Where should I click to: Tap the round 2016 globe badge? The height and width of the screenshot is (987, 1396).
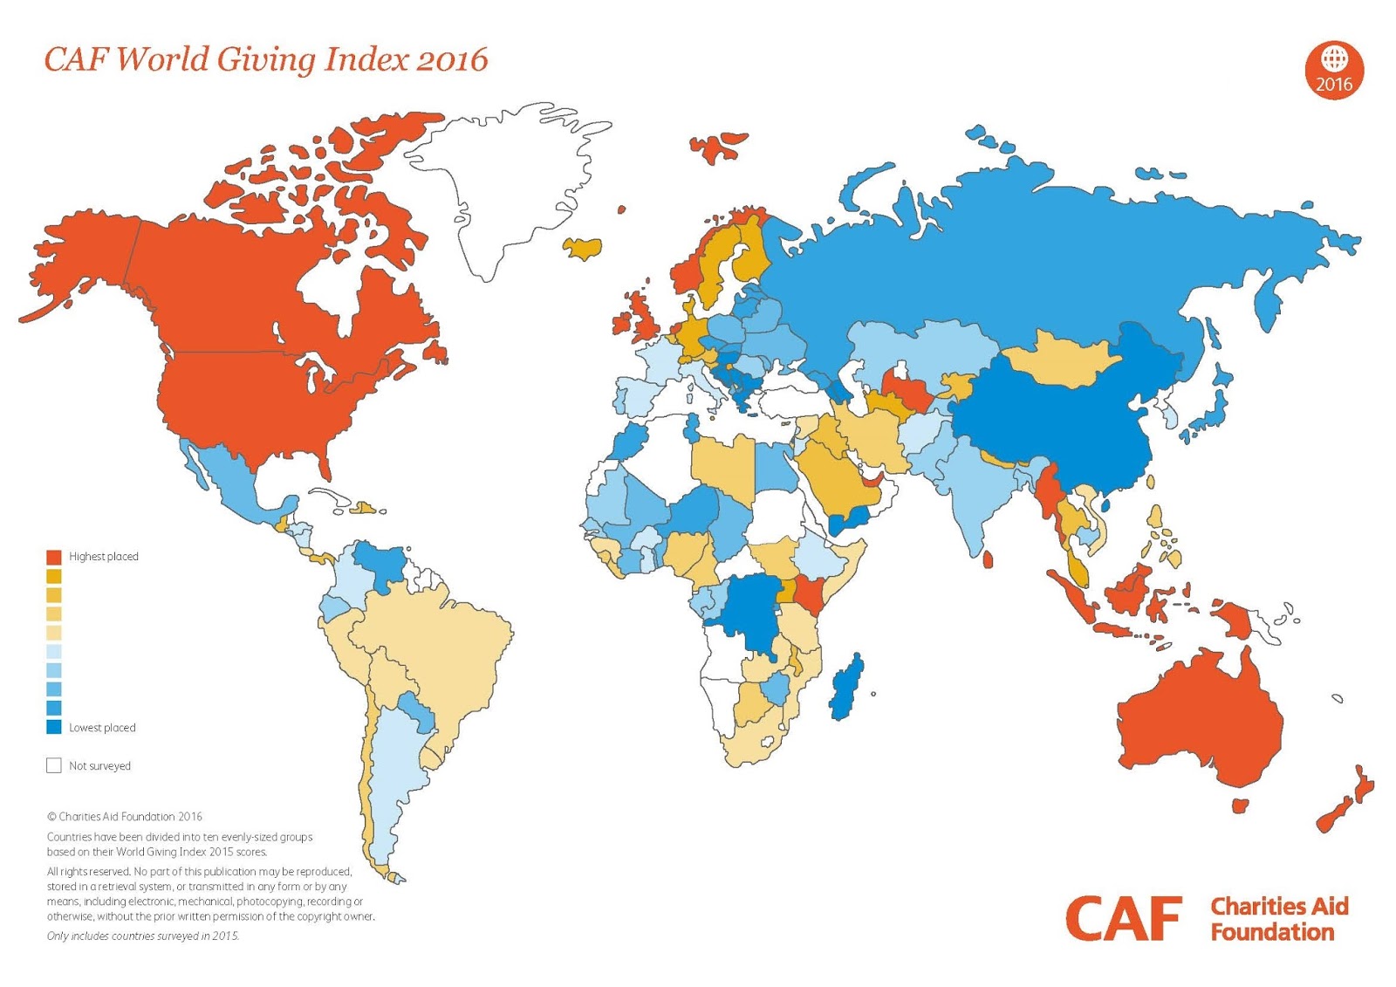pyautogui.click(x=1333, y=70)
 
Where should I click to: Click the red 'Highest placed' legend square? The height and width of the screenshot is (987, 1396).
pyautogui.click(x=54, y=557)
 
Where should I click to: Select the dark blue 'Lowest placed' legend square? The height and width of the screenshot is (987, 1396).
pyautogui.click(x=54, y=727)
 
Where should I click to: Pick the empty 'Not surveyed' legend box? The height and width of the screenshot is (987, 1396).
pyautogui.click(x=54, y=765)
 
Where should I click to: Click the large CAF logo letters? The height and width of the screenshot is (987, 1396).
pyautogui.click(x=1122, y=918)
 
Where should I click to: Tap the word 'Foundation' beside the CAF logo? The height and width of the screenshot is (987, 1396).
pyautogui.click(x=1272, y=932)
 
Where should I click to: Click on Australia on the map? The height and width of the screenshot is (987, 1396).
pyautogui.click(x=1200, y=724)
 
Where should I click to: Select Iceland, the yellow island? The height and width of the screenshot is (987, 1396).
pyautogui.click(x=583, y=248)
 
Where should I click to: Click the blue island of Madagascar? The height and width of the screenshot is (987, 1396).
pyautogui.click(x=846, y=685)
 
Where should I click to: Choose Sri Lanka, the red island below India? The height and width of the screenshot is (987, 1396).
pyautogui.click(x=988, y=559)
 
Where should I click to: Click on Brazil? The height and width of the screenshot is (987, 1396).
pyautogui.click(x=436, y=646)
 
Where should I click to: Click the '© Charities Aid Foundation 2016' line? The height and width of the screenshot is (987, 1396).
pyautogui.click(x=125, y=817)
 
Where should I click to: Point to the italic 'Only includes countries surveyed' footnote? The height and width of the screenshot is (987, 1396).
pyautogui.click(x=143, y=936)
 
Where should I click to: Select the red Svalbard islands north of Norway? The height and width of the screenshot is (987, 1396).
pyautogui.click(x=717, y=147)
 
